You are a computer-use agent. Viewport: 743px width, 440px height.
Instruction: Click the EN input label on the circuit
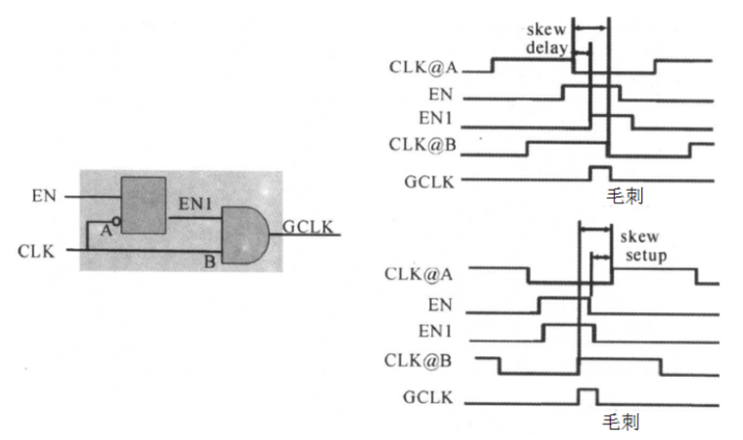pos(44,196)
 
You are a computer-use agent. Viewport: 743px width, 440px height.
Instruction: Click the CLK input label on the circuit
pos(36,251)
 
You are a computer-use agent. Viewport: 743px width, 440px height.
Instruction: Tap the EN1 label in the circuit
pos(194,204)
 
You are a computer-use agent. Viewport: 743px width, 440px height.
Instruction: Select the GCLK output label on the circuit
pos(308,227)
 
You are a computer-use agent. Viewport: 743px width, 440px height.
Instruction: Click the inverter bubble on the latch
pos(116,221)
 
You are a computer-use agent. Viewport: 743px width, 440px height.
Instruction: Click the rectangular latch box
pos(143,205)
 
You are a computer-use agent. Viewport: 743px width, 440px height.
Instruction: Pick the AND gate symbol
pos(245,235)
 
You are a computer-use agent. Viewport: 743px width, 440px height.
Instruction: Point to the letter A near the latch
pos(106,231)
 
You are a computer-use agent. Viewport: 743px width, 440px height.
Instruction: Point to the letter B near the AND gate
pos(209,262)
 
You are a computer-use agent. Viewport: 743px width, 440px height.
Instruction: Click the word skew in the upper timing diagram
pos(546,29)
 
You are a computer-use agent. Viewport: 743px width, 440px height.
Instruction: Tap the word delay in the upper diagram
pos(547,48)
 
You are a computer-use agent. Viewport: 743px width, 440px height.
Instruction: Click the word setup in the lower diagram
pos(646,255)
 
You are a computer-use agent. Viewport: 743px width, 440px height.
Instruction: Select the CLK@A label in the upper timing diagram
pos(423,66)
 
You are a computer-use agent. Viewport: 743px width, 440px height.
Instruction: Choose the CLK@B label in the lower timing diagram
pos(418,360)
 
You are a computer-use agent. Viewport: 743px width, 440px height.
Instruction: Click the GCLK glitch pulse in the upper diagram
pos(600,173)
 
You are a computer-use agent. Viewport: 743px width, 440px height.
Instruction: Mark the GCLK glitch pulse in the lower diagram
pos(588,396)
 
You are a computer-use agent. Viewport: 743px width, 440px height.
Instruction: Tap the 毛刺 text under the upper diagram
pos(625,196)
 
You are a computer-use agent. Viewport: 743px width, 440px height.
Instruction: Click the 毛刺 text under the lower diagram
pos(621,422)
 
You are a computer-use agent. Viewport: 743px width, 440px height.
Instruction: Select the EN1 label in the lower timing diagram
pos(435,331)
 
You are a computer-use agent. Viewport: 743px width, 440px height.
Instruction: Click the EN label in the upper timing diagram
pos(441,94)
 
